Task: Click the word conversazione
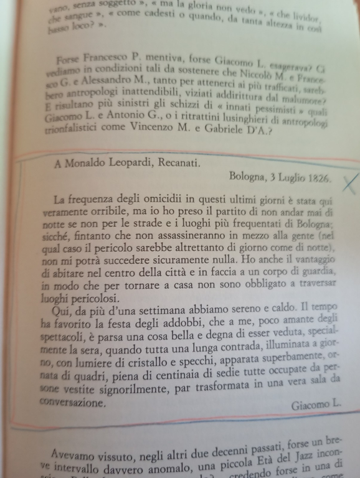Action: tap(72, 403)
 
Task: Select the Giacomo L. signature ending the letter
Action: tap(316, 405)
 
